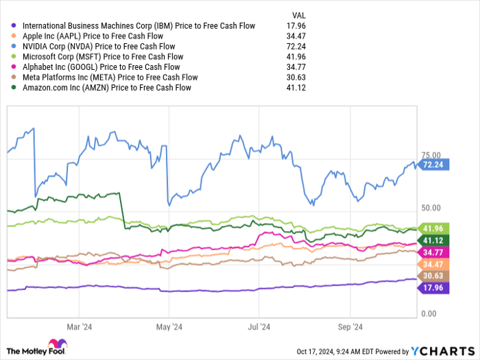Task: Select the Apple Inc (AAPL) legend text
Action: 93,36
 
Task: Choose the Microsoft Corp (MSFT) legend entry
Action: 103,57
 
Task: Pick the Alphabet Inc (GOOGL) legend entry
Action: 101,67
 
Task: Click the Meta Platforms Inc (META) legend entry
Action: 110,77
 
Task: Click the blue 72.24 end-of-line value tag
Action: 433,165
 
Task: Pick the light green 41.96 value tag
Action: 433,228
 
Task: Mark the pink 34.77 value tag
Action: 433,252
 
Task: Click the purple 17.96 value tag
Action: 433,287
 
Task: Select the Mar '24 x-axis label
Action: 80,327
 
